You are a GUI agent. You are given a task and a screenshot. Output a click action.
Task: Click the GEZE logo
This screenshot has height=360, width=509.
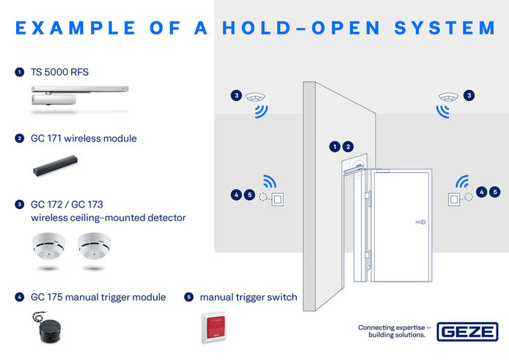467,331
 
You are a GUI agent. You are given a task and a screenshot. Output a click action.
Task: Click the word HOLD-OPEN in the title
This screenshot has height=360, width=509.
298,28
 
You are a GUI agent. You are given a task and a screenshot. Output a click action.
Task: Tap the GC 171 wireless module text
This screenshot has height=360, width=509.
84,138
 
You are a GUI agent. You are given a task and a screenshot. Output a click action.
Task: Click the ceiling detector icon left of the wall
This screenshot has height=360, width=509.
256,97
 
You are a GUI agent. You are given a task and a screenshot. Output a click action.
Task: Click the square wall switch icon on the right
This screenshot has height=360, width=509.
455,198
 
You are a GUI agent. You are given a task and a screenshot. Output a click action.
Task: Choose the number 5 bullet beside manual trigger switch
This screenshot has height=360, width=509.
188,297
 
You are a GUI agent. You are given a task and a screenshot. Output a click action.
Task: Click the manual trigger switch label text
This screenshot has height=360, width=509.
249,297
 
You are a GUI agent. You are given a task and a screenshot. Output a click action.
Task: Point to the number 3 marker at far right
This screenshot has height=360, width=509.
469,95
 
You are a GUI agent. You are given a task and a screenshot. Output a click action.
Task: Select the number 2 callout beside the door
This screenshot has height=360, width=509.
348,147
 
